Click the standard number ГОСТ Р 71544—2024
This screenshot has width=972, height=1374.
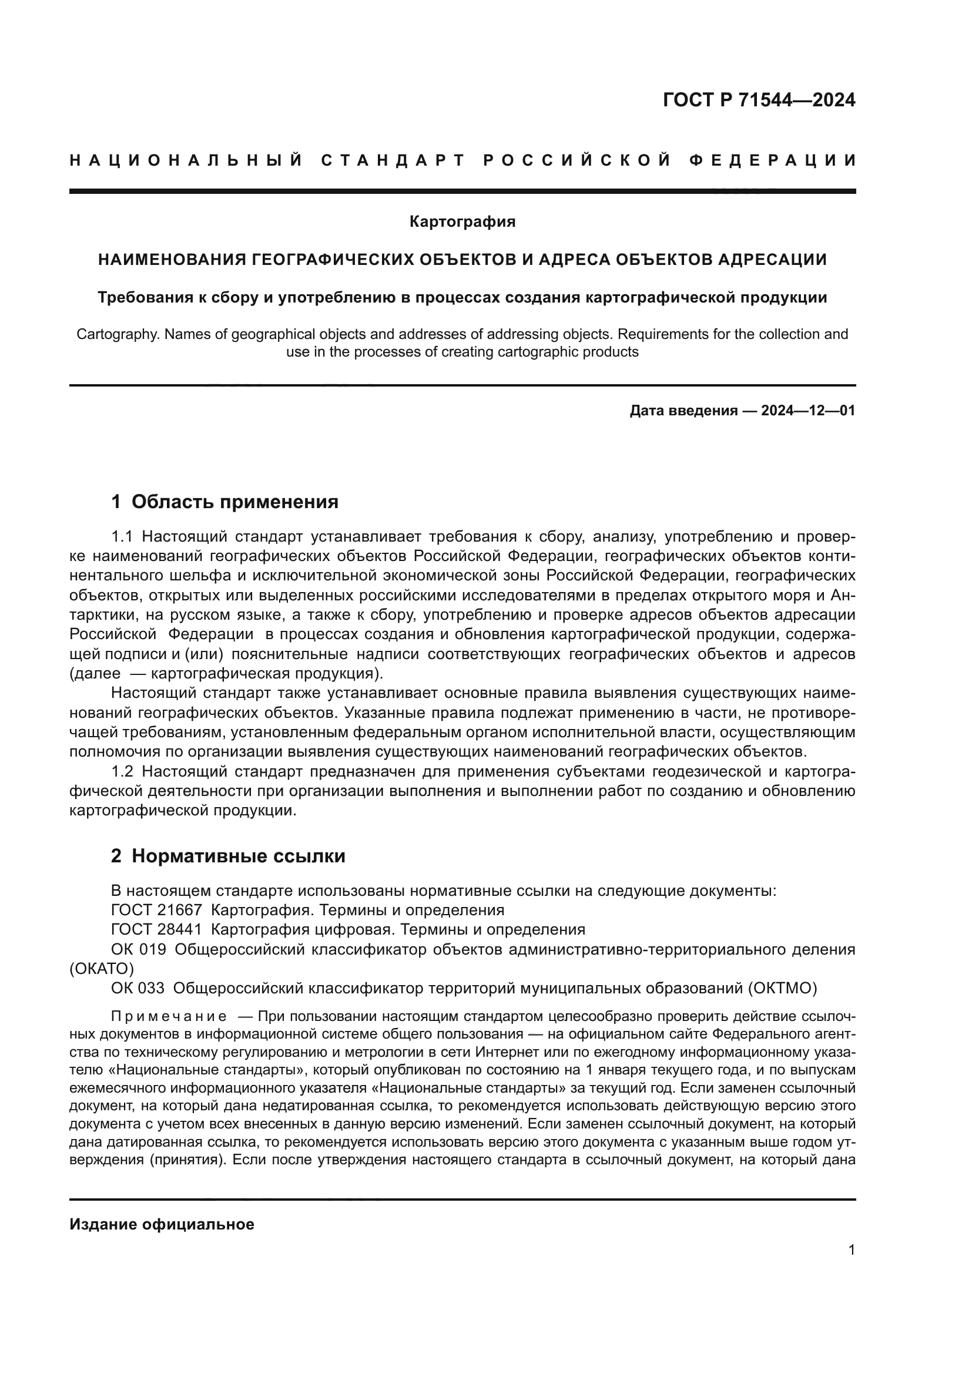pyautogui.click(x=759, y=100)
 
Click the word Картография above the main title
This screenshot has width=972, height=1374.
pyautogui.click(x=462, y=222)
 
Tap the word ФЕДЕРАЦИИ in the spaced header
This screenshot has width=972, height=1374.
pyautogui.click(x=773, y=160)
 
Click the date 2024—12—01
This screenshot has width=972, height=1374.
pyautogui.click(x=808, y=411)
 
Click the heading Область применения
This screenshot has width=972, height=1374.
pyautogui.click(x=234, y=502)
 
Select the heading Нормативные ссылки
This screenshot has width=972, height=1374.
pyautogui.click(x=238, y=856)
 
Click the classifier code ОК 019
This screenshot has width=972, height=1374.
pyautogui.click(x=138, y=949)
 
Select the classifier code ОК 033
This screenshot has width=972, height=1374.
pyautogui.click(x=137, y=988)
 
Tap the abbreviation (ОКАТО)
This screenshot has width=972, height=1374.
pyautogui.click(x=102, y=968)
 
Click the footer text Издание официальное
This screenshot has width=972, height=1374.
pyautogui.click(x=162, y=1224)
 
